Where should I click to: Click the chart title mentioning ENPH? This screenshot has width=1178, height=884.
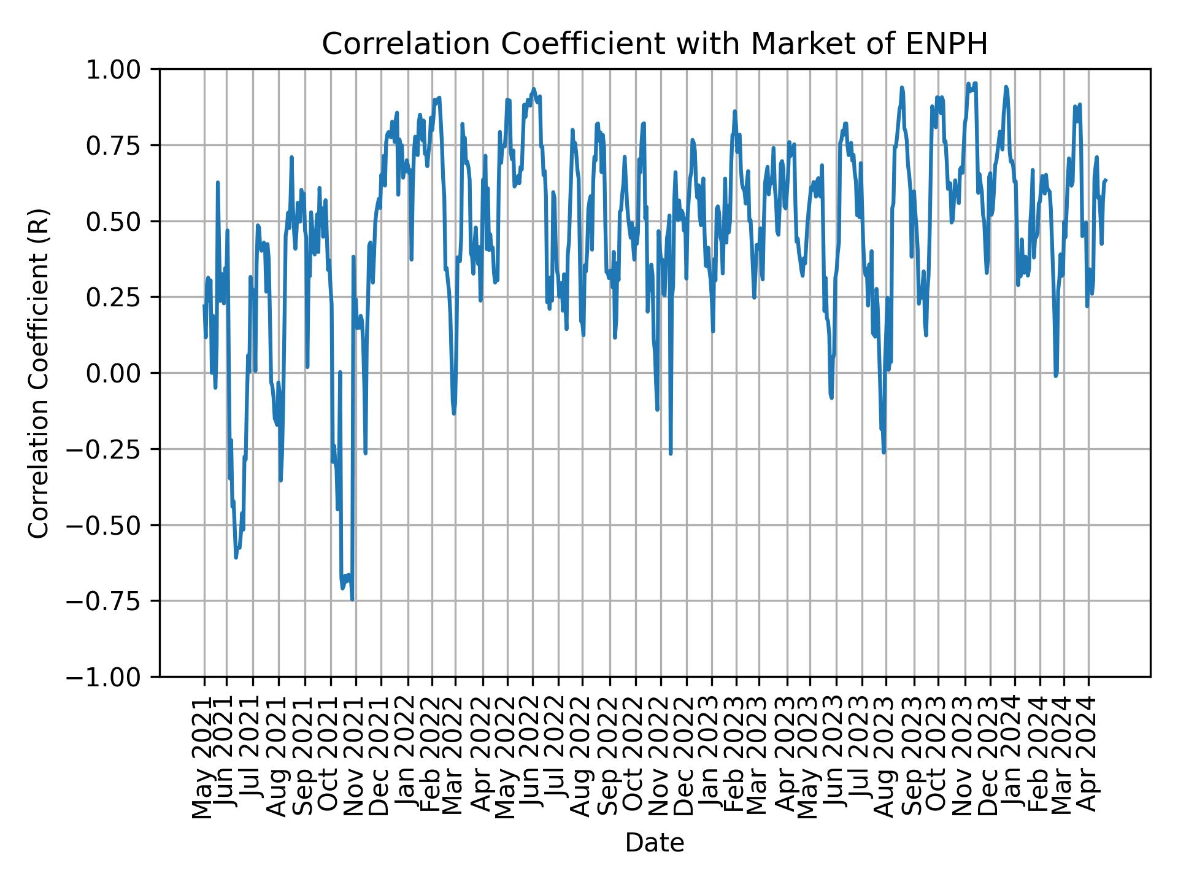(x=655, y=44)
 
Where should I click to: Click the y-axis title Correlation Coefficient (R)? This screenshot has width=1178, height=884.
(x=39, y=373)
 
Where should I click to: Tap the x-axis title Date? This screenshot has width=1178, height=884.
(x=655, y=843)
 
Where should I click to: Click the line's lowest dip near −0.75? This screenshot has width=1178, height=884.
(x=352, y=600)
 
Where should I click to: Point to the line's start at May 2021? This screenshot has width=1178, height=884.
(x=204, y=305)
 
